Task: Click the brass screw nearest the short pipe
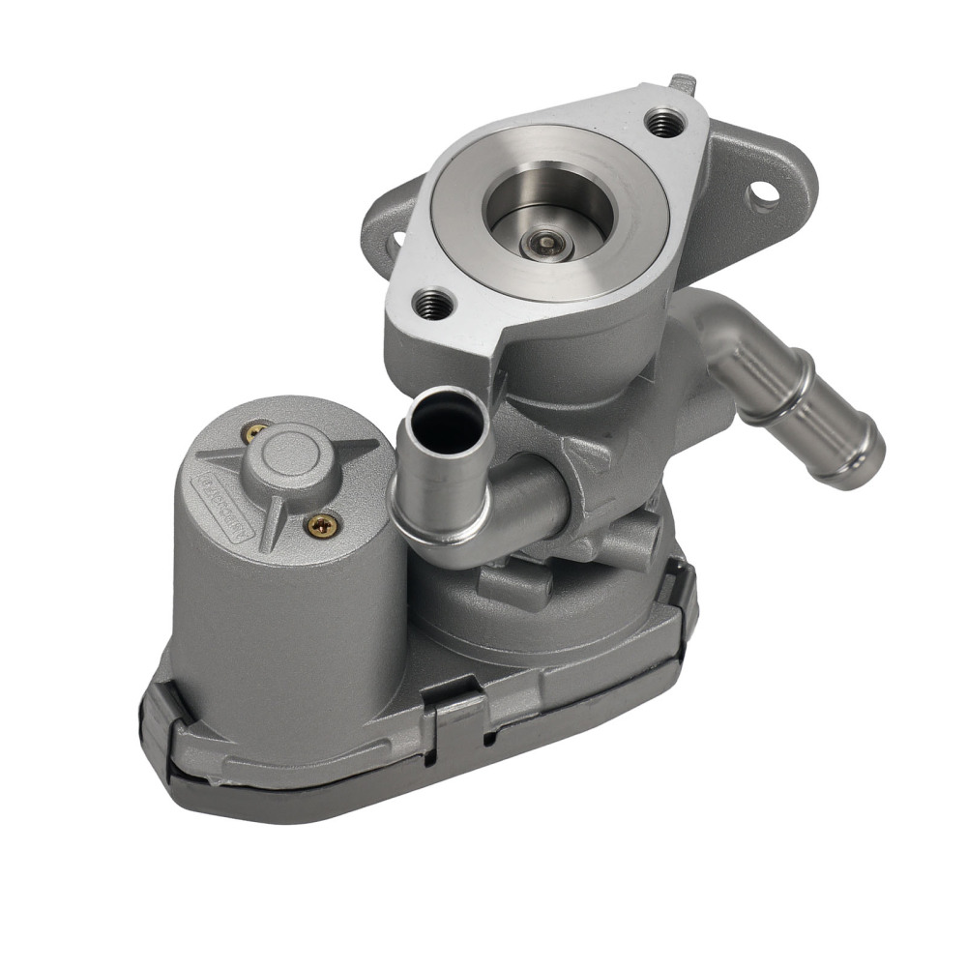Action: click(321, 524)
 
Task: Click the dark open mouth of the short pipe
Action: click(445, 415)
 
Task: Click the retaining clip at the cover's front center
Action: click(454, 716)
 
